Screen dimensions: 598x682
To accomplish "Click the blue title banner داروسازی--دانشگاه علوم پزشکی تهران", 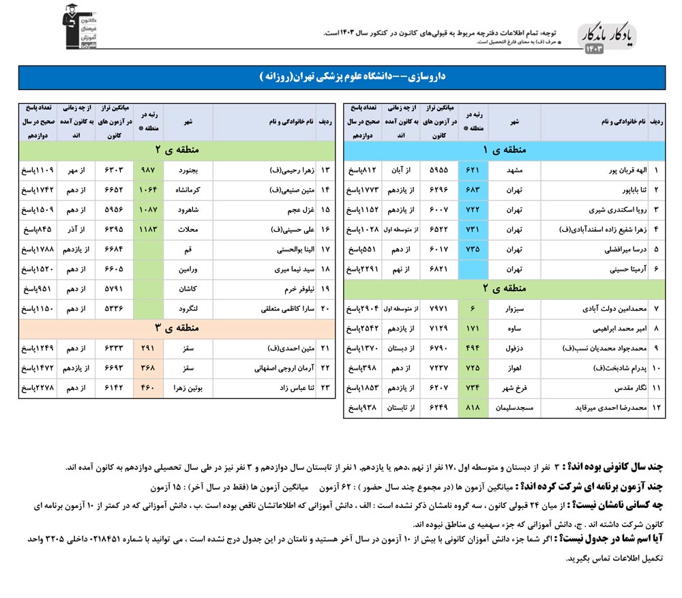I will [x=341, y=77].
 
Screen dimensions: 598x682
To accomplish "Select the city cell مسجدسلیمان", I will [x=514, y=408].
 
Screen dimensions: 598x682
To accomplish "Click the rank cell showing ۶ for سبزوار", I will [x=473, y=309].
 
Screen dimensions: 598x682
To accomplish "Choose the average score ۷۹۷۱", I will [x=439, y=309].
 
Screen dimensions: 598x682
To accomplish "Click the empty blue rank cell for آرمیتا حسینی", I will [x=473, y=269].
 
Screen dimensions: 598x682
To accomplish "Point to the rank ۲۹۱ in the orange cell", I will [x=147, y=348].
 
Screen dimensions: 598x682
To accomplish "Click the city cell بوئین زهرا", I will [x=188, y=388].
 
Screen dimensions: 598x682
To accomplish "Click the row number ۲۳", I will [x=325, y=388].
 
